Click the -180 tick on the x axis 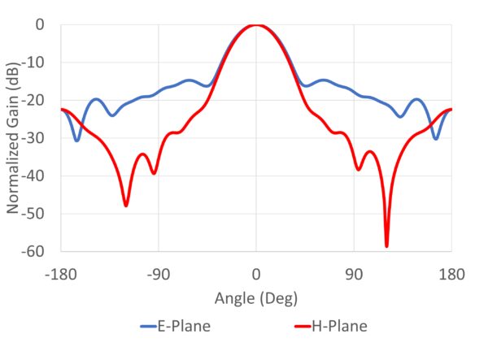[61, 274]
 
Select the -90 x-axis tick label [159, 274]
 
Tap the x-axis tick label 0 [256, 274]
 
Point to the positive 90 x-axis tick [354, 274]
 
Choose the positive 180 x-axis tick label [451, 274]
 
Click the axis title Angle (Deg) [255, 298]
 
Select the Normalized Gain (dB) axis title [14, 138]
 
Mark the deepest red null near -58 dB [386, 245]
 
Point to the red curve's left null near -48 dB [126, 205]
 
